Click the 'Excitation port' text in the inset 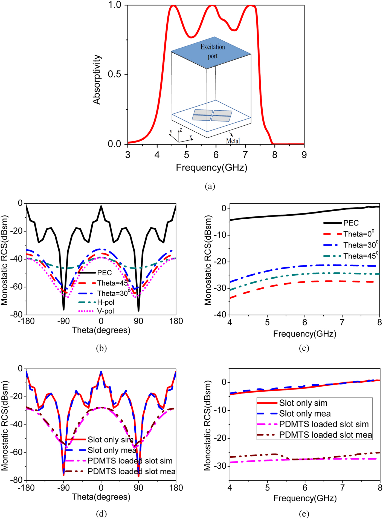[x=213, y=51]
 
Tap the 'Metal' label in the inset [x=233, y=141]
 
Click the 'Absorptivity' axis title [x=97, y=79]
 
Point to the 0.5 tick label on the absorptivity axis [x=114, y=74]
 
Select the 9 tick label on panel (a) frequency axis [x=304, y=155]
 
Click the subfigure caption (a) [x=210, y=186]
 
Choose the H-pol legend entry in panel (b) [x=106, y=302]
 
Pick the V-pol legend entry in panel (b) [x=105, y=311]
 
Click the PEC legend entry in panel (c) [x=351, y=223]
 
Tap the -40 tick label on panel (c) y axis [x=220, y=315]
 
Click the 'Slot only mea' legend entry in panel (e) [x=305, y=414]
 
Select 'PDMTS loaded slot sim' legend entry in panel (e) [x=324, y=424]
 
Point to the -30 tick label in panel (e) [x=220, y=466]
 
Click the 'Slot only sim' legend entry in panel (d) [x=110, y=440]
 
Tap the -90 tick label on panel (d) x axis [x=63, y=488]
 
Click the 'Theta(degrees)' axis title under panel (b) [x=101, y=330]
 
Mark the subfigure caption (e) [x=304, y=514]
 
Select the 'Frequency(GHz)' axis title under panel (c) [x=304, y=334]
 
